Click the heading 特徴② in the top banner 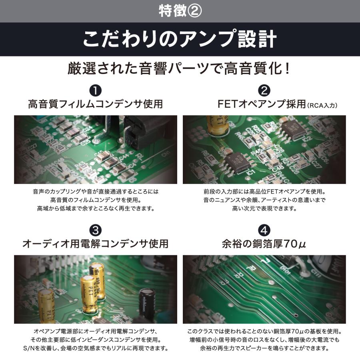pyautogui.click(x=180, y=11)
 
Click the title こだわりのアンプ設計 pyautogui.click(x=180, y=40)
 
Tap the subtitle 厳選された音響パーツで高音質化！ pyautogui.click(x=180, y=68)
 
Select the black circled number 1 pyautogui.click(x=96, y=90)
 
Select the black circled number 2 pyautogui.click(x=264, y=90)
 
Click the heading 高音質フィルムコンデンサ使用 pyautogui.click(x=96, y=104)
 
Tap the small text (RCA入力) pyautogui.click(x=323, y=106)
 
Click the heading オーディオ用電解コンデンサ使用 pyautogui.click(x=96, y=244)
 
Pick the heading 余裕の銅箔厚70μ pyautogui.click(x=264, y=244)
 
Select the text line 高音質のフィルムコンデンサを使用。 pyautogui.click(x=96, y=200)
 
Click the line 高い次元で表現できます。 pyautogui.click(x=264, y=208)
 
